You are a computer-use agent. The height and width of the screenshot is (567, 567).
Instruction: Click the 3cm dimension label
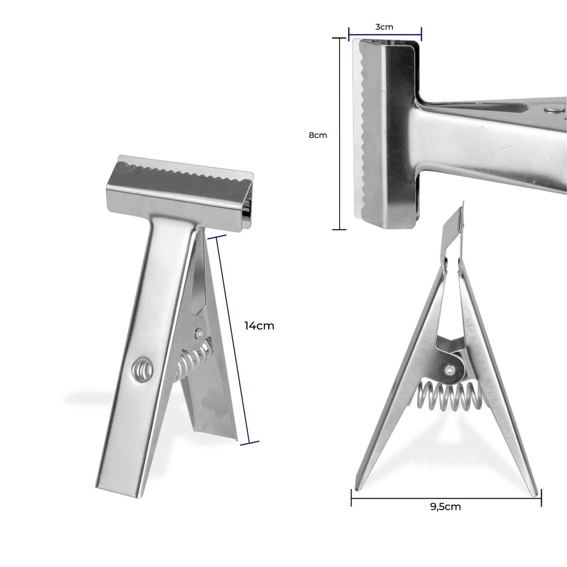tap(384, 27)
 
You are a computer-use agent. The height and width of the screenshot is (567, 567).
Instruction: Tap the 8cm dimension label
tap(318, 135)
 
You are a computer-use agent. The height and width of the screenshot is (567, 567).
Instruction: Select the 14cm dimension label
tap(259, 326)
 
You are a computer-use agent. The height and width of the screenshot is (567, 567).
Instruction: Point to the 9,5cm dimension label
tap(445, 507)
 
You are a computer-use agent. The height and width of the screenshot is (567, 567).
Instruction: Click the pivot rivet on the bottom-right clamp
tap(449, 370)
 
